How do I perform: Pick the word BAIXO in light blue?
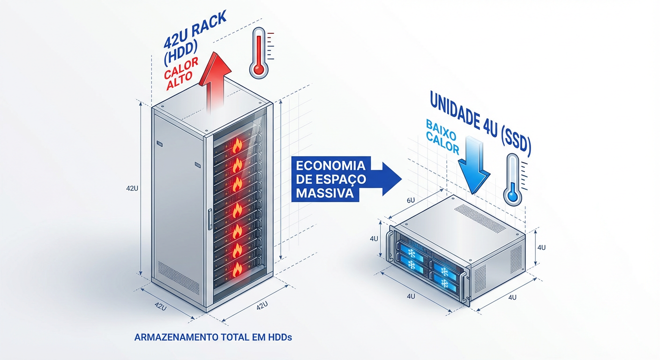tap(441, 128)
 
